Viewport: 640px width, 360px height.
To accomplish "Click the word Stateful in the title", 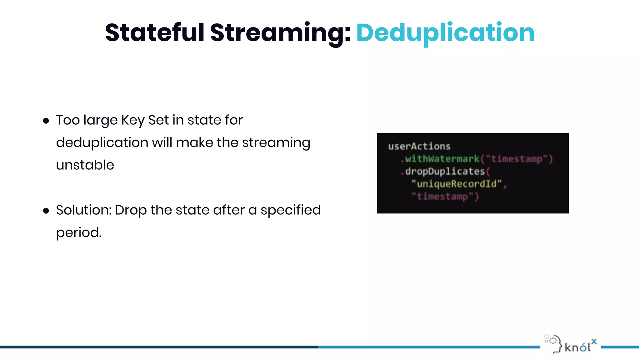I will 155,32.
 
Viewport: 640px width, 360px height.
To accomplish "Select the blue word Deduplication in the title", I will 445,33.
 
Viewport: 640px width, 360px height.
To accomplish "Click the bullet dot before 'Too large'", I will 46,121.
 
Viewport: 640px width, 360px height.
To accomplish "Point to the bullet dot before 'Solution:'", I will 46,211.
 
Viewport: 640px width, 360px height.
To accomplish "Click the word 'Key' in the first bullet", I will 133,120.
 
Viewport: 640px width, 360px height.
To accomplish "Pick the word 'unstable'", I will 85,165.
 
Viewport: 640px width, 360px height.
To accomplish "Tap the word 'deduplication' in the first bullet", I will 102,143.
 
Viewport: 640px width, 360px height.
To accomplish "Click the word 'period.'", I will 79,233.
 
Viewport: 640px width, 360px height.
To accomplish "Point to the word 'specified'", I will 291,210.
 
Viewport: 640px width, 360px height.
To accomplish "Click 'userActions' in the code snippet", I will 419,146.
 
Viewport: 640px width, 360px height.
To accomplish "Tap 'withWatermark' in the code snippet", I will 442,159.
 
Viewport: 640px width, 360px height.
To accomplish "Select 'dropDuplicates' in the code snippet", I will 445,171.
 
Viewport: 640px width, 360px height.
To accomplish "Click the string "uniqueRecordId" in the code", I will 457,184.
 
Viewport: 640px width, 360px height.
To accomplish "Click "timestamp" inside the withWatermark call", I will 516,159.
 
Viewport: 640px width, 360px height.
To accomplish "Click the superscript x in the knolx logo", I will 594,341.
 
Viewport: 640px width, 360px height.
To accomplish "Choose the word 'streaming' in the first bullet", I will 276,143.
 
